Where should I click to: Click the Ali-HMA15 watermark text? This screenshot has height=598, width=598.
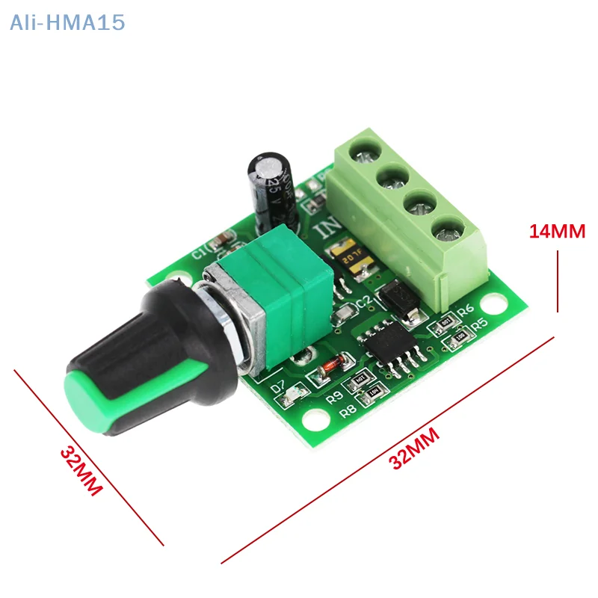(x=67, y=23)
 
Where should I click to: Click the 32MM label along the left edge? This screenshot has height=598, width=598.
(x=81, y=471)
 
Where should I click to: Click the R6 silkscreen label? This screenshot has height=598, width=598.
(x=466, y=309)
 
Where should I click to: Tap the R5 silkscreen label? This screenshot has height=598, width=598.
(x=478, y=323)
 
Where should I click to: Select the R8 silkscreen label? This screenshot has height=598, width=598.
(x=347, y=410)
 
